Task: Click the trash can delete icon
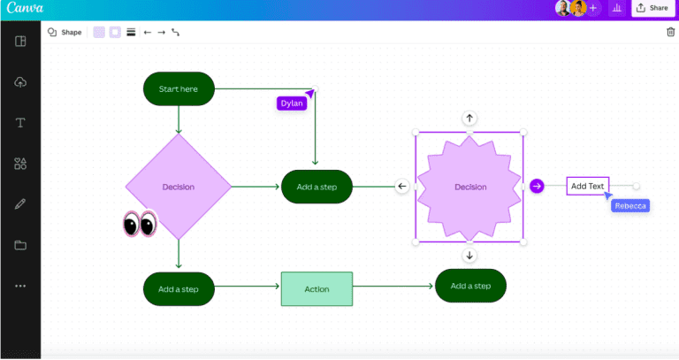click(669, 33)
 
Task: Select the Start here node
click(179, 88)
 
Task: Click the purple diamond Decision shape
click(179, 187)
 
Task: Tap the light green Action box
click(317, 289)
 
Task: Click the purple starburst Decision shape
click(469, 187)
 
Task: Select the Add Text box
click(587, 186)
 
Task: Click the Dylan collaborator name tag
click(291, 103)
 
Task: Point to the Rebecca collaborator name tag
click(630, 206)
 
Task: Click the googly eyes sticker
click(139, 225)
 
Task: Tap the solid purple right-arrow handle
click(537, 186)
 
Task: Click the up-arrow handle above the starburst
click(469, 118)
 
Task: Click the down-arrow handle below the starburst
click(469, 256)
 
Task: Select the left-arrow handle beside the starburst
click(401, 186)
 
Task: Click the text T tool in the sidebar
click(20, 123)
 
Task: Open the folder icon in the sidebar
click(20, 245)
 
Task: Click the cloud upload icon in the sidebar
click(20, 82)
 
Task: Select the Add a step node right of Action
click(470, 286)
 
